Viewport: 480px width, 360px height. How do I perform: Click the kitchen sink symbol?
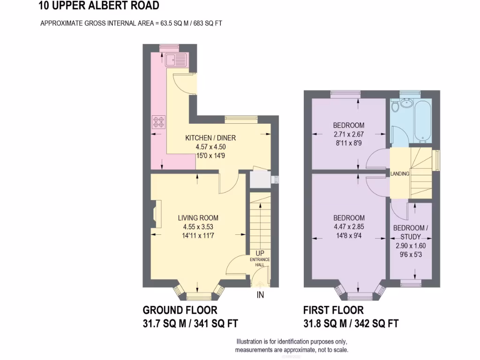(176, 60)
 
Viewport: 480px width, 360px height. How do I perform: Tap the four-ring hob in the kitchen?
(158, 122)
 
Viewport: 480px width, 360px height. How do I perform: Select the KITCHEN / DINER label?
(210, 138)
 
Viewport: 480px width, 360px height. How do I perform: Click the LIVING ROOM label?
(198, 218)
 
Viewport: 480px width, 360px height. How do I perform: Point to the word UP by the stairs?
(260, 254)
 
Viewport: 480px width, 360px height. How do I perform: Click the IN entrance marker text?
(260, 295)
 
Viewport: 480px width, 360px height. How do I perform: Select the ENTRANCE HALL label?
(260, 262)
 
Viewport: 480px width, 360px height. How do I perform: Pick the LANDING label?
(400, 174)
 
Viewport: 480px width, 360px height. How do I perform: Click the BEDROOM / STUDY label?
(410, 232)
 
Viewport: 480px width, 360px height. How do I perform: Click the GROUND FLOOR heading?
(180, 310)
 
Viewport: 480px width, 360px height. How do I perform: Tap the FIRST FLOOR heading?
(333, 310)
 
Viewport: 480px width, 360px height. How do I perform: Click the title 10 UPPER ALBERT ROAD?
(99, 6)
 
